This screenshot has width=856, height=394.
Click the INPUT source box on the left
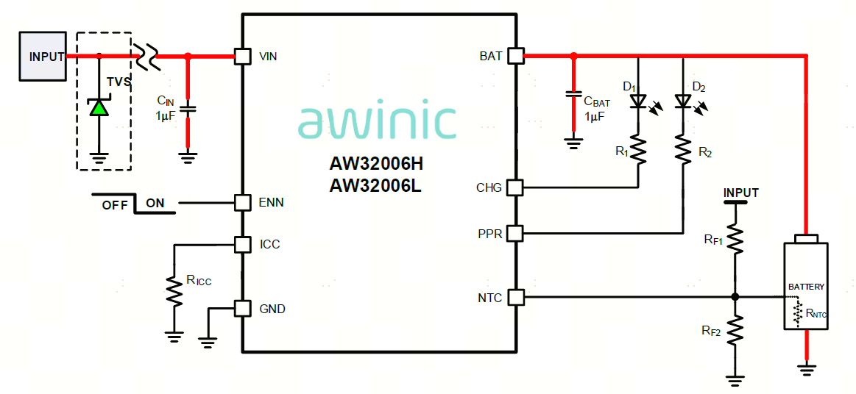[x=43, y=56]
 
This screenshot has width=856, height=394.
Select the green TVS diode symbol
[x=99, y=108]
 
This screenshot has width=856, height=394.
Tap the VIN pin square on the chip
[x=242, y=56]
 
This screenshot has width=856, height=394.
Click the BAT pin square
[x=515, y=56]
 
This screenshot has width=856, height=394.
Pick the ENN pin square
[x=242, y=202]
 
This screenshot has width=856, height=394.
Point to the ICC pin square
[x=242, y=244]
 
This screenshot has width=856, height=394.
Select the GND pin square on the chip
[x=242, y=309]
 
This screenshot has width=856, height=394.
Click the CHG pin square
[x=515, y=187]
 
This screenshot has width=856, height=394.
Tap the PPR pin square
[x=515, y=234]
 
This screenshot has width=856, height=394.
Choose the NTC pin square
[x=515, y=297]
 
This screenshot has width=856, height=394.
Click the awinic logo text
[x=377, y=121]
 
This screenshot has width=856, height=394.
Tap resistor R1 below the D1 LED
[x=638, y=151]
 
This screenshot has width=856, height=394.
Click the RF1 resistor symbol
[x=735, y=239]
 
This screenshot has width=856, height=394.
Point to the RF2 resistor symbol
[x=735, y=331]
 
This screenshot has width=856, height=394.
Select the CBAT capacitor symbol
[x=573, y=95]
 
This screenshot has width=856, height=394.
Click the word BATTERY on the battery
[x=806, y=286]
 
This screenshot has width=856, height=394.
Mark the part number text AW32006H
[x=376, y=163]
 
